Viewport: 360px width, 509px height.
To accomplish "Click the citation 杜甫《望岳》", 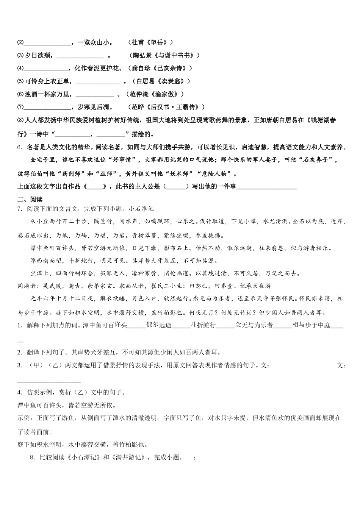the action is pyautogui.click(x=150, y=43).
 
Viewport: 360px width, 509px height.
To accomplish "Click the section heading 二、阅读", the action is pyautogui.click(x=30, y=200).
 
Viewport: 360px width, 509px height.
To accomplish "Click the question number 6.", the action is pyautogui.click(x=19, y=147).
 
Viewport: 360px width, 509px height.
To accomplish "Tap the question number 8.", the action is pyautogui.click(x=32, y=457).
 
